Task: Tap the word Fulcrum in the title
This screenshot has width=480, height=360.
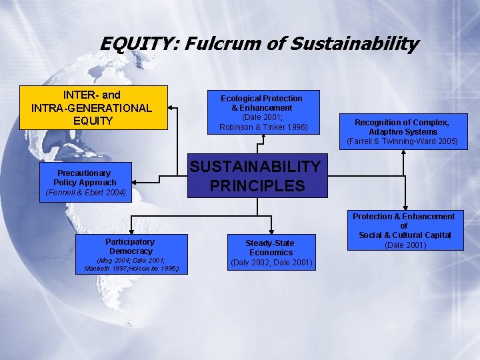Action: (214, 44)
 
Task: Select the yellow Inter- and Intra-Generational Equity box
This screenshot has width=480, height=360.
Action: (93, 107)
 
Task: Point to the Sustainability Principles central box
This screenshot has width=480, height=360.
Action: (257, 176)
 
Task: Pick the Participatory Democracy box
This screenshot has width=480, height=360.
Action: (131, 254)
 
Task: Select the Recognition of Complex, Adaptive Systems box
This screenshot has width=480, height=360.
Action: (402, 131)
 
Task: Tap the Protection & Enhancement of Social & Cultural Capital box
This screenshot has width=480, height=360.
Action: (403, 230)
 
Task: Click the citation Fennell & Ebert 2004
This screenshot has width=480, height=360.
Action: (85, 193)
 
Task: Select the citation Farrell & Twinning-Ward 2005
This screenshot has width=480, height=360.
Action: (402, 141)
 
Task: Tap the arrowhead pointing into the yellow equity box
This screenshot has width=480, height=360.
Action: (171, 107)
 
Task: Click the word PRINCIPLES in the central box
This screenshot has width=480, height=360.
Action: (257, 185)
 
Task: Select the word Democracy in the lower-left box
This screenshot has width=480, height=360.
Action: (131, 251)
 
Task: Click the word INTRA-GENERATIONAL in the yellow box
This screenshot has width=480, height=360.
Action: (91, 107)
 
